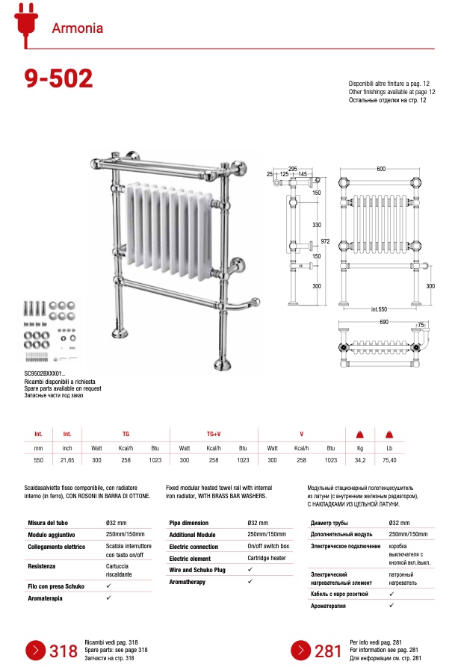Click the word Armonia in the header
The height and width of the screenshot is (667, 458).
(77, 29)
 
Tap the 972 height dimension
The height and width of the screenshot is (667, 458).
(325, 242)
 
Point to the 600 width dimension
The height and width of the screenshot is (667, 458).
(381, 170)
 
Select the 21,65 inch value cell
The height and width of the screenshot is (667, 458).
(67, 461)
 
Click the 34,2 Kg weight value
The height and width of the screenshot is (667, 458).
(359, 461)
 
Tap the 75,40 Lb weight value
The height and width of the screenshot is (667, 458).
(389, 461)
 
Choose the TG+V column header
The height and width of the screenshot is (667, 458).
(214, 434)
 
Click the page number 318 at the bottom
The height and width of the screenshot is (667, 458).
(64, 651)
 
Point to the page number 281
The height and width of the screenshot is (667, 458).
(328, 651)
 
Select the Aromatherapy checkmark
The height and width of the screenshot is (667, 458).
(250, 582)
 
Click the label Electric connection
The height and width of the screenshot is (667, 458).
(194, 546)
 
